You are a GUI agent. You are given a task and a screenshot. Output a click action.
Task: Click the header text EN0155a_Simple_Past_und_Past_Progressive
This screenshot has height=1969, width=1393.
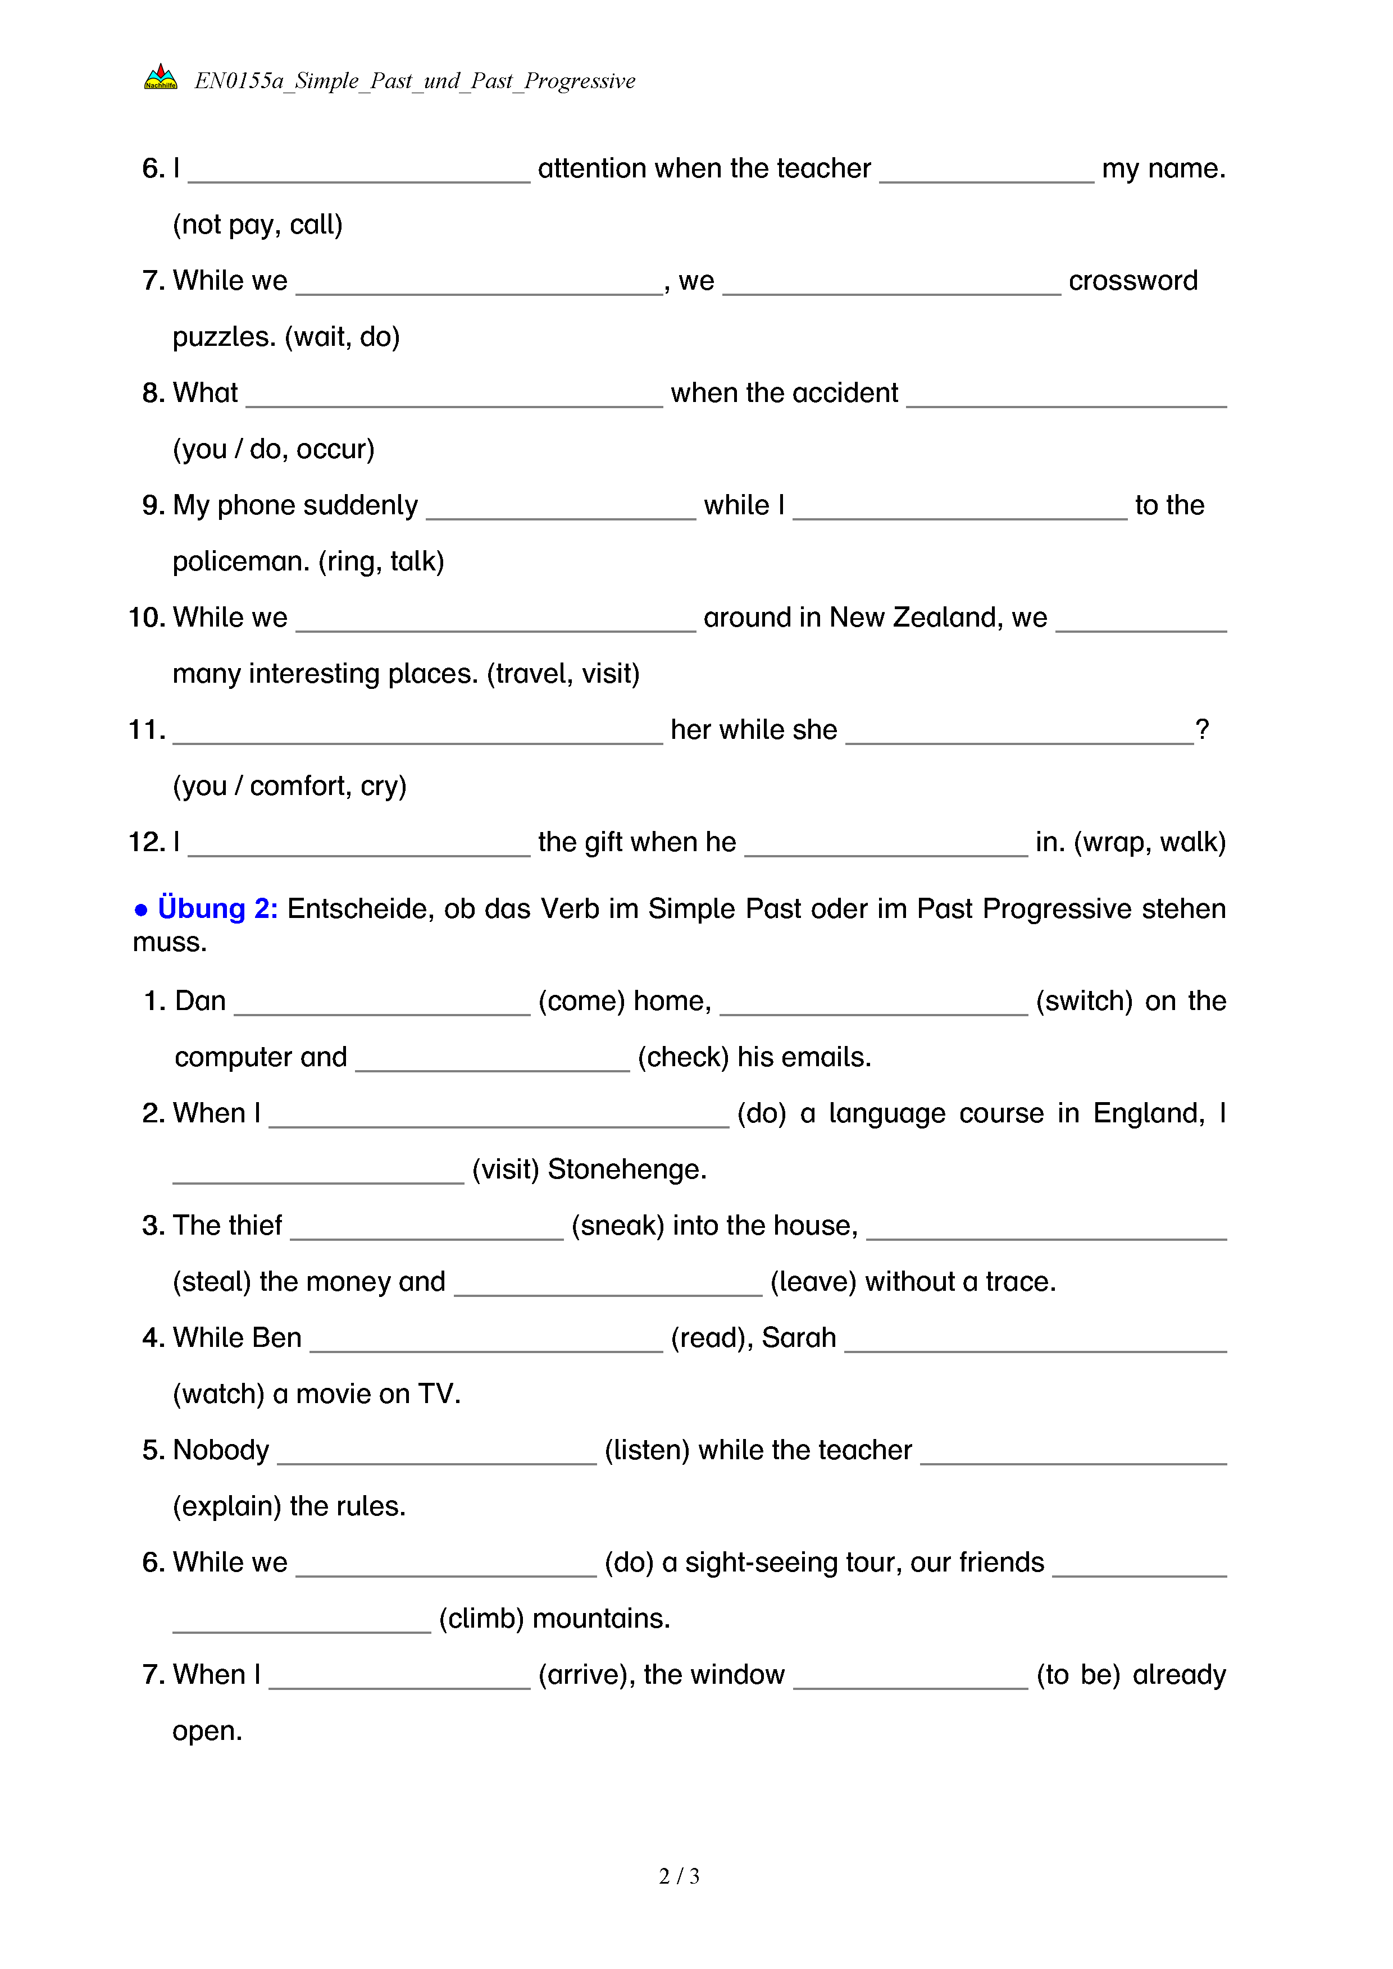pos(415,81)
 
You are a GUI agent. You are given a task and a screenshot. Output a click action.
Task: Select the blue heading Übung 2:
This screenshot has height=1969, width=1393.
pos(217,908)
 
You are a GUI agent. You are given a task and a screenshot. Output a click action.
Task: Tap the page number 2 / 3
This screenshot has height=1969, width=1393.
pos(679,1876)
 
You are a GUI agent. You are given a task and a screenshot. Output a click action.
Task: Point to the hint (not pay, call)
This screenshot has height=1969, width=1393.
pos(257,225)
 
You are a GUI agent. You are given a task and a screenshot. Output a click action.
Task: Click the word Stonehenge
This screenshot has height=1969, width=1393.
pos(626,1169)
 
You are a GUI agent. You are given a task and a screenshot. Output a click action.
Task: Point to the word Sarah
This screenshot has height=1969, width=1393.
pos(798,1338)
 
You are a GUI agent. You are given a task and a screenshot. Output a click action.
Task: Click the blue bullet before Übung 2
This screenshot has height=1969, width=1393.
pos(140,910)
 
